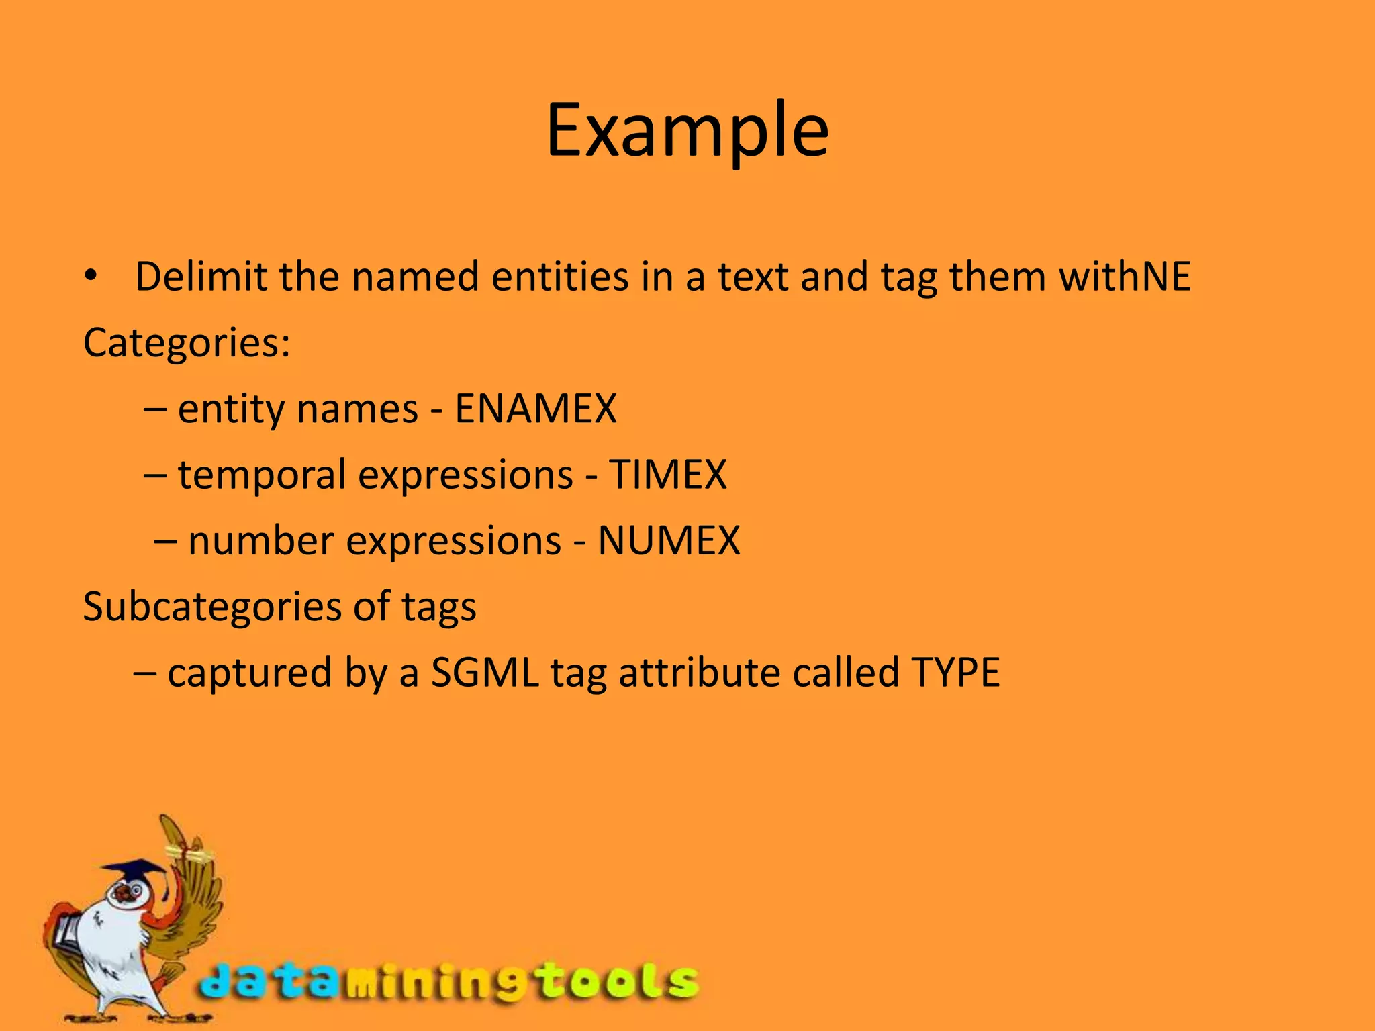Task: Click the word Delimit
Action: click(x=201, y=277)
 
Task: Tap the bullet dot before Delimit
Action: click(x=91, y=276)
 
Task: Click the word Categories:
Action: click(x=187, y=343)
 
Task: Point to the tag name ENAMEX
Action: click(x=535, y=409)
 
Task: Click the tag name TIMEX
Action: click(x=667, y=475)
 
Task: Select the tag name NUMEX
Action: click(x=669, y=540)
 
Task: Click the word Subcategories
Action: click(x=212, y=607)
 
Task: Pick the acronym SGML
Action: click(x=485, y=673)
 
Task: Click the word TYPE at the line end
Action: click(x=955, y=673)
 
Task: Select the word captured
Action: click(x=250, y=673)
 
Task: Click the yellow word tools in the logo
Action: click(x=618, y=982)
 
